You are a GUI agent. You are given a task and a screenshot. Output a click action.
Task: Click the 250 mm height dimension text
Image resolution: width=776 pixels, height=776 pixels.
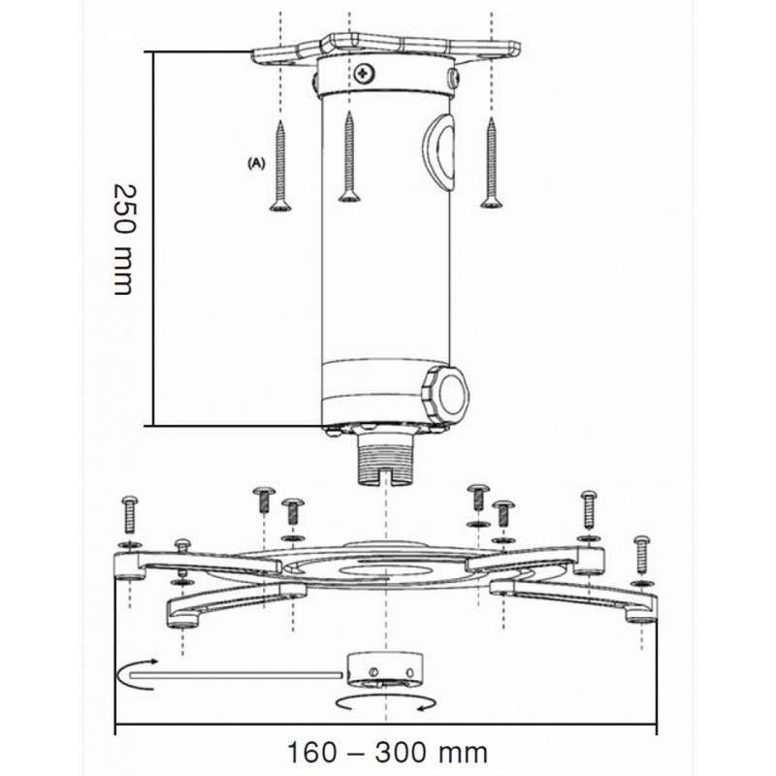pyautogui.click(x=124, y=240)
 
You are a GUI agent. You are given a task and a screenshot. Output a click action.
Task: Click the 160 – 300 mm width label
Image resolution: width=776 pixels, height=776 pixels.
pyautogui.click(x=387, y=753)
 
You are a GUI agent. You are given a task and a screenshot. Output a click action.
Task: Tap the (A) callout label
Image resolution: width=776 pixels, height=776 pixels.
pyautogui.click(x=256, y=163)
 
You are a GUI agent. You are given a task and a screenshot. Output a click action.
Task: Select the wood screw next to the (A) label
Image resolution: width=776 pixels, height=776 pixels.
pyautogui.click(x=280, y=166)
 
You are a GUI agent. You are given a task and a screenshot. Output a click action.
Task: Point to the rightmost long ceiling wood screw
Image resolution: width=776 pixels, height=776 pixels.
pyautogui.click(x=492, y=162)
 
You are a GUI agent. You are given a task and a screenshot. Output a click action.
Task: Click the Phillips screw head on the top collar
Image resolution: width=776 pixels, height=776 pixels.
pyautogui.click(x=365, y=75)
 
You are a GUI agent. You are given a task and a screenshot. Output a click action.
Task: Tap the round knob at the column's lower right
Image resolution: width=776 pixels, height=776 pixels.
pyautogui.click(x=445, y=396)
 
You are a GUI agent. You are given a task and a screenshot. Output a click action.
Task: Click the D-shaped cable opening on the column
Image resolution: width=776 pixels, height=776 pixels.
pyautogui.click(x=439, y=151)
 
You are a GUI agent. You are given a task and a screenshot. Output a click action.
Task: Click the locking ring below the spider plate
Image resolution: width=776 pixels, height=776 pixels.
pyautogui.click(x=384, y=670)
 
